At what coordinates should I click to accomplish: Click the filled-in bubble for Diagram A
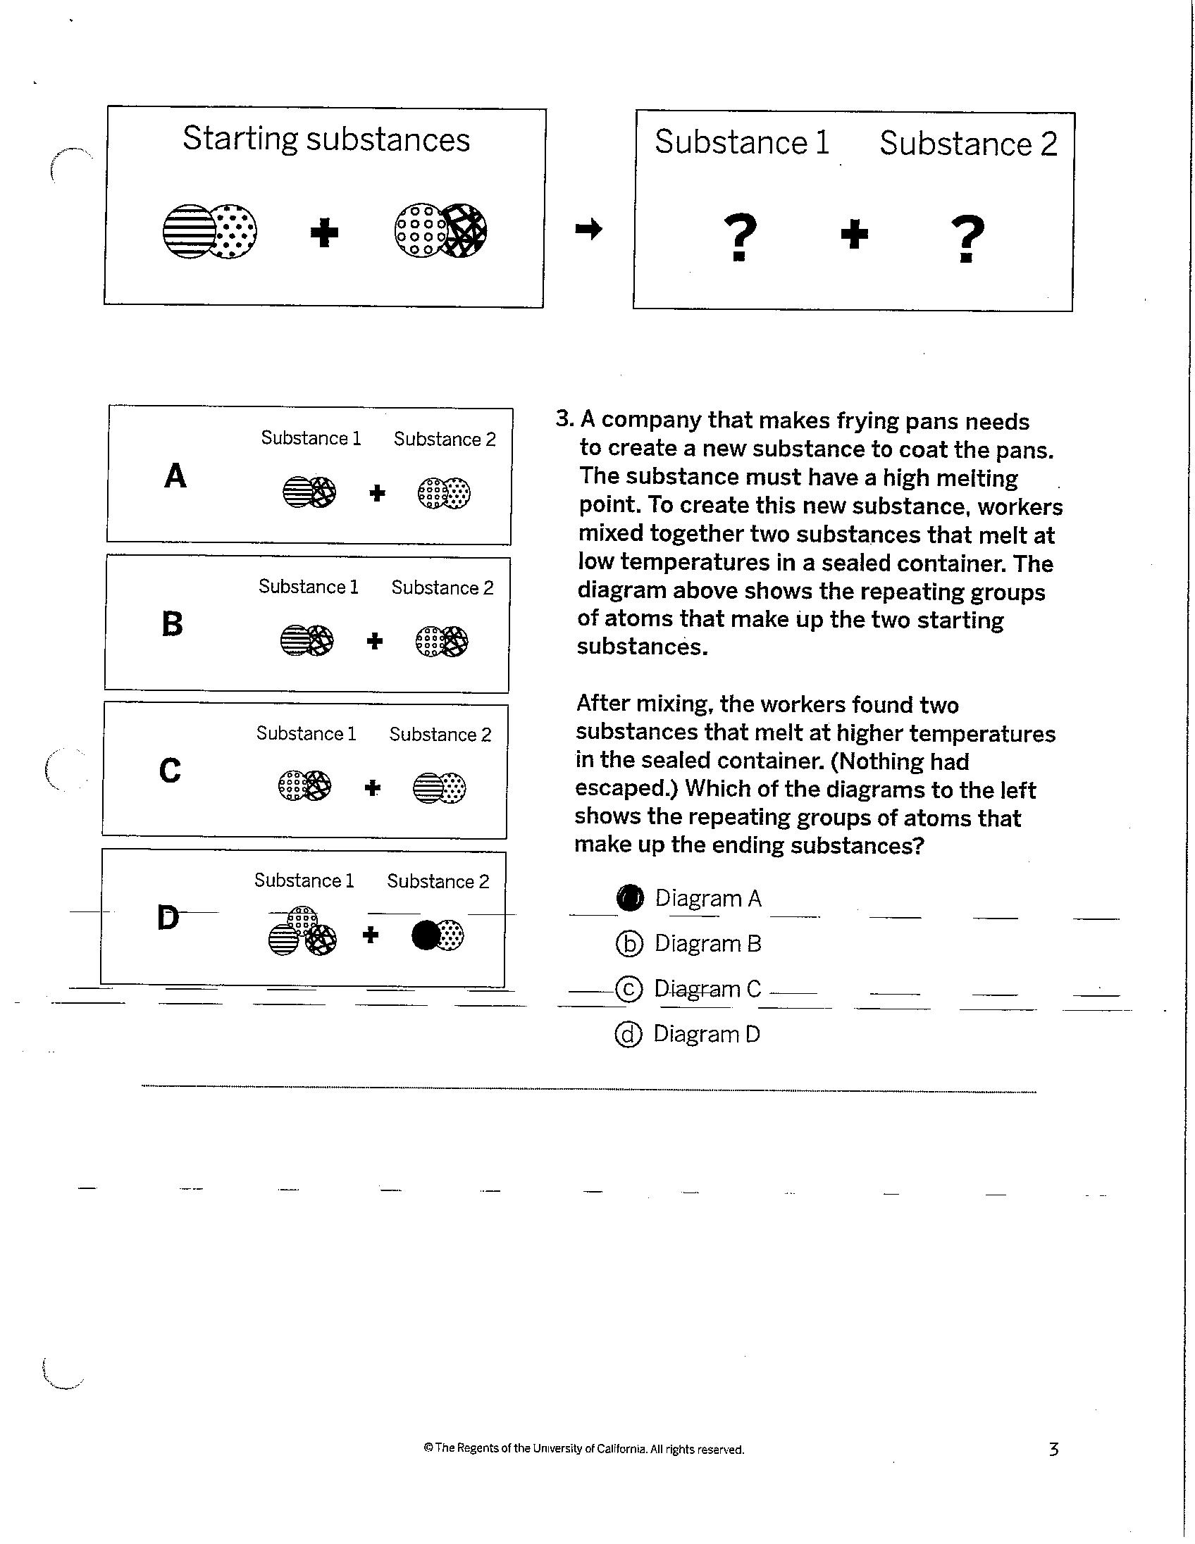[629, 897]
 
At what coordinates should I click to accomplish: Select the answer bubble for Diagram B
[629, 944]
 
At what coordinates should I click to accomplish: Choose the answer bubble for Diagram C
[629, 989]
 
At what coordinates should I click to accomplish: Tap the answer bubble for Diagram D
[628, 1034]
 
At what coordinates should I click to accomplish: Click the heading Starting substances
[326, 139]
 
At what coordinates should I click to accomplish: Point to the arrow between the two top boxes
[588, 228]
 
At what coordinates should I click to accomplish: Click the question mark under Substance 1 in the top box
[741, 237]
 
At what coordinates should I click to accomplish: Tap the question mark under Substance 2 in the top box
[968, 239]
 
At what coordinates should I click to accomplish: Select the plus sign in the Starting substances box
[325, 232]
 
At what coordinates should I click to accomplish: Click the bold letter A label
[175, 475]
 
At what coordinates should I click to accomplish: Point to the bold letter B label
[173, 624]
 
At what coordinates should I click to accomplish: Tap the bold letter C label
[170, 771]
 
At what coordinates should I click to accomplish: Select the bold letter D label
[168, 918]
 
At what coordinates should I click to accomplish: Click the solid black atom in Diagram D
[426, 935]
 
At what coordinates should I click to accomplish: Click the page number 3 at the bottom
[1053, 1450]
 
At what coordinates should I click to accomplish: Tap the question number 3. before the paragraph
[564, 418]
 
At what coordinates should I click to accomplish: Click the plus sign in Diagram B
[375, 641]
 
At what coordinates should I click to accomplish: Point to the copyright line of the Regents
[583, 1450]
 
